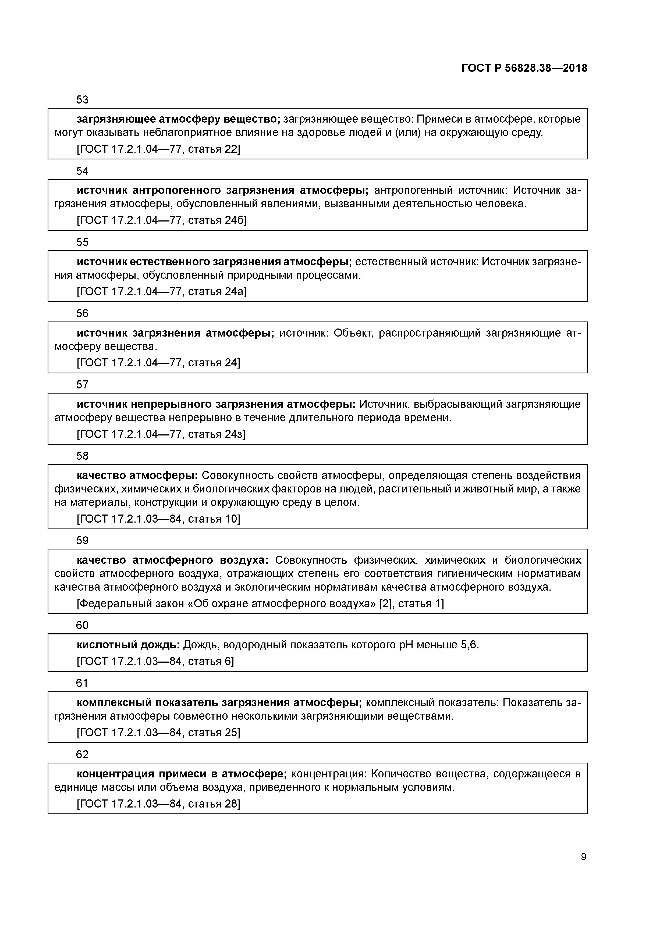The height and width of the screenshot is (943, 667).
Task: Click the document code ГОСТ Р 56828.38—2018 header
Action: (x=524, y=68)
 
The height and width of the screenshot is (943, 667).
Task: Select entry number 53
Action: (x=82, y=100)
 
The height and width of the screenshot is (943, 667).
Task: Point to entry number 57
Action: (x=82, y=385)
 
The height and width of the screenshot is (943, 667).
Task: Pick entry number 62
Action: (x=82, y=755)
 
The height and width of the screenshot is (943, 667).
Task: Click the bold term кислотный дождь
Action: (x=128, y=645)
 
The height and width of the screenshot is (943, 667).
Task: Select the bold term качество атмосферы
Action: (x=137, y=476)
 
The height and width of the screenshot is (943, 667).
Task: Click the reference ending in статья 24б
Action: (x=162, y=220)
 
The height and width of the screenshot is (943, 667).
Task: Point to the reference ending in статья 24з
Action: (x=161, y=434)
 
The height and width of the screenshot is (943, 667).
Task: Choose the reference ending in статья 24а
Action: (x=162, y=292)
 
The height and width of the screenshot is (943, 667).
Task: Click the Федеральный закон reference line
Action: (x=260, y=604)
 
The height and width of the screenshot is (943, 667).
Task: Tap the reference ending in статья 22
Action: (x=158, y=149)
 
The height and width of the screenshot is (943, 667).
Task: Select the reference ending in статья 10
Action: (x=158, y=519)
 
